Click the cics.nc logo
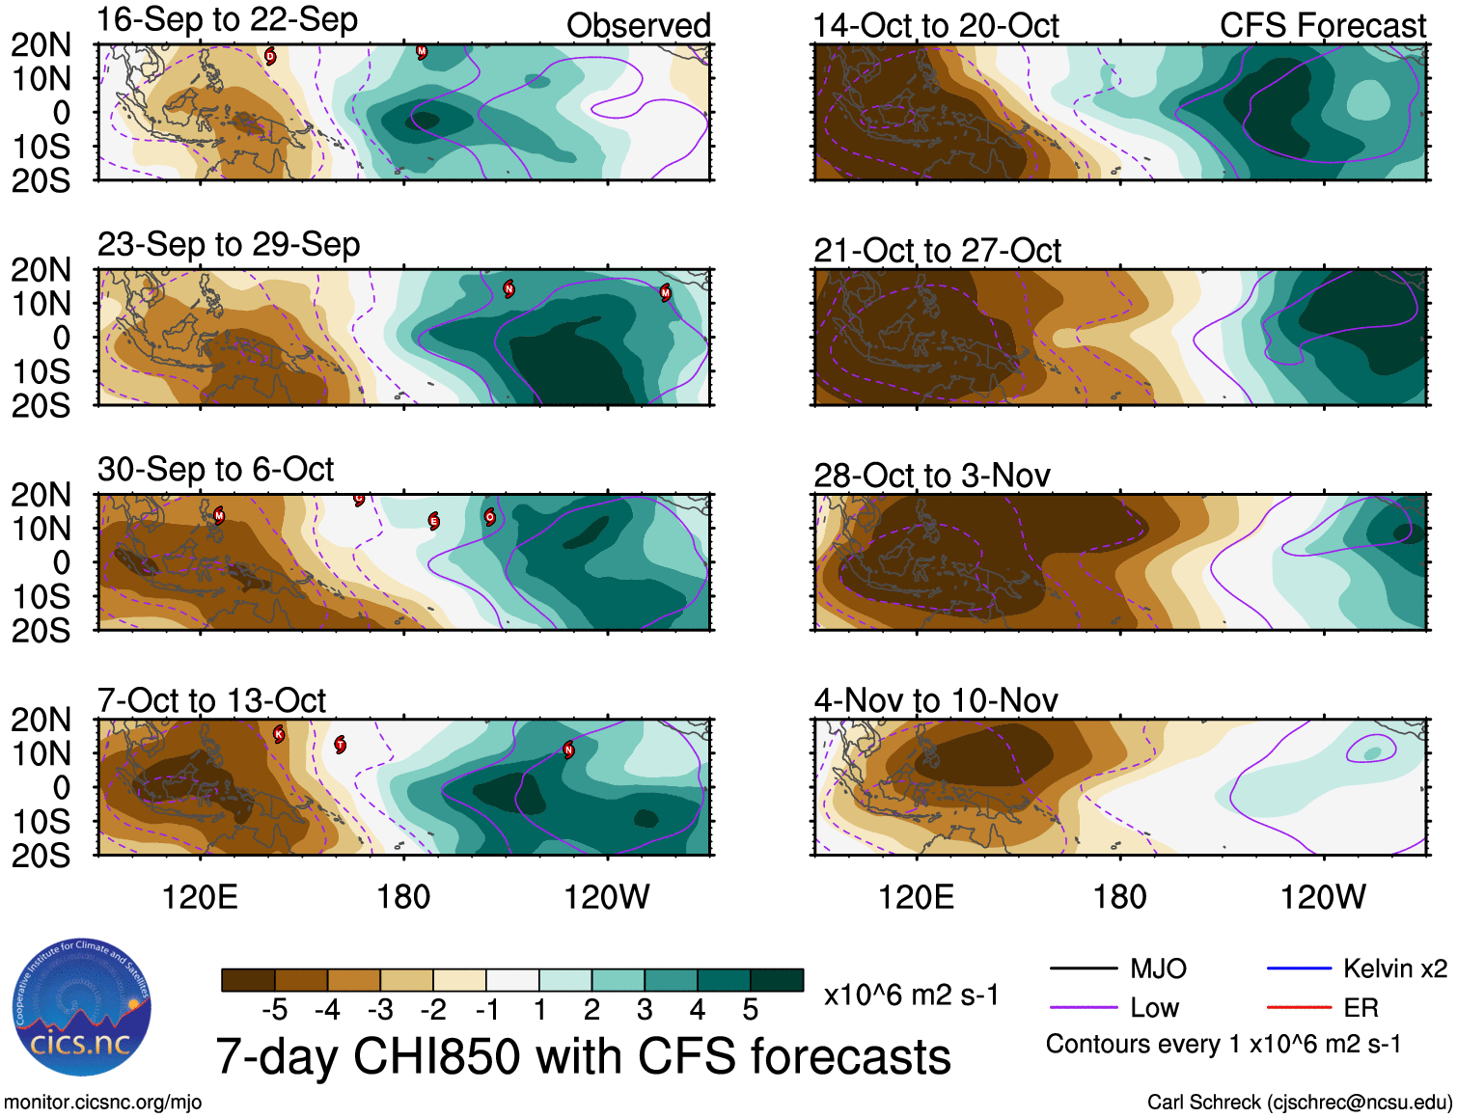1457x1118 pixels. point(82,1008)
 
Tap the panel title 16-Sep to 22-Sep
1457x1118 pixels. point(228,20)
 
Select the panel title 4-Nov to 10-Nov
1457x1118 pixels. point(936,700)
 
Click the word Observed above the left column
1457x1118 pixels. point(638,26)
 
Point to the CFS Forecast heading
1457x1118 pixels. point(1322,26)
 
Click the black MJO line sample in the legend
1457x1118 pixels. point(1083,968)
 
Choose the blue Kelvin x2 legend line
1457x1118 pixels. point(1299,968)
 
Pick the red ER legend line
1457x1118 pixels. point(1299,1008)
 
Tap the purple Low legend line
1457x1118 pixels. point(1083,1008)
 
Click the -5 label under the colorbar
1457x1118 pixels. point(275,1010)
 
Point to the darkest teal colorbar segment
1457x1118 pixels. point(777,980)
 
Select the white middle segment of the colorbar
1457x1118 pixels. point(512,980)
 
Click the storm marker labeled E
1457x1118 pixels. point(434,522)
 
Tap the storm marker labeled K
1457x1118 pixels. point(279,734)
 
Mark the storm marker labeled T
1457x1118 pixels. point(341,745)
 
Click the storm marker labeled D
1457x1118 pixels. point(270,56)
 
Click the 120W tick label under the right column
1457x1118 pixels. point(1322,898)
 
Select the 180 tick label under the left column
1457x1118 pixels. point(403,898)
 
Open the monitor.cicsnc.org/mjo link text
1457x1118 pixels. point(103,1103)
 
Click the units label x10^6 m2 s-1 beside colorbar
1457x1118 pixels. point(911,995)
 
